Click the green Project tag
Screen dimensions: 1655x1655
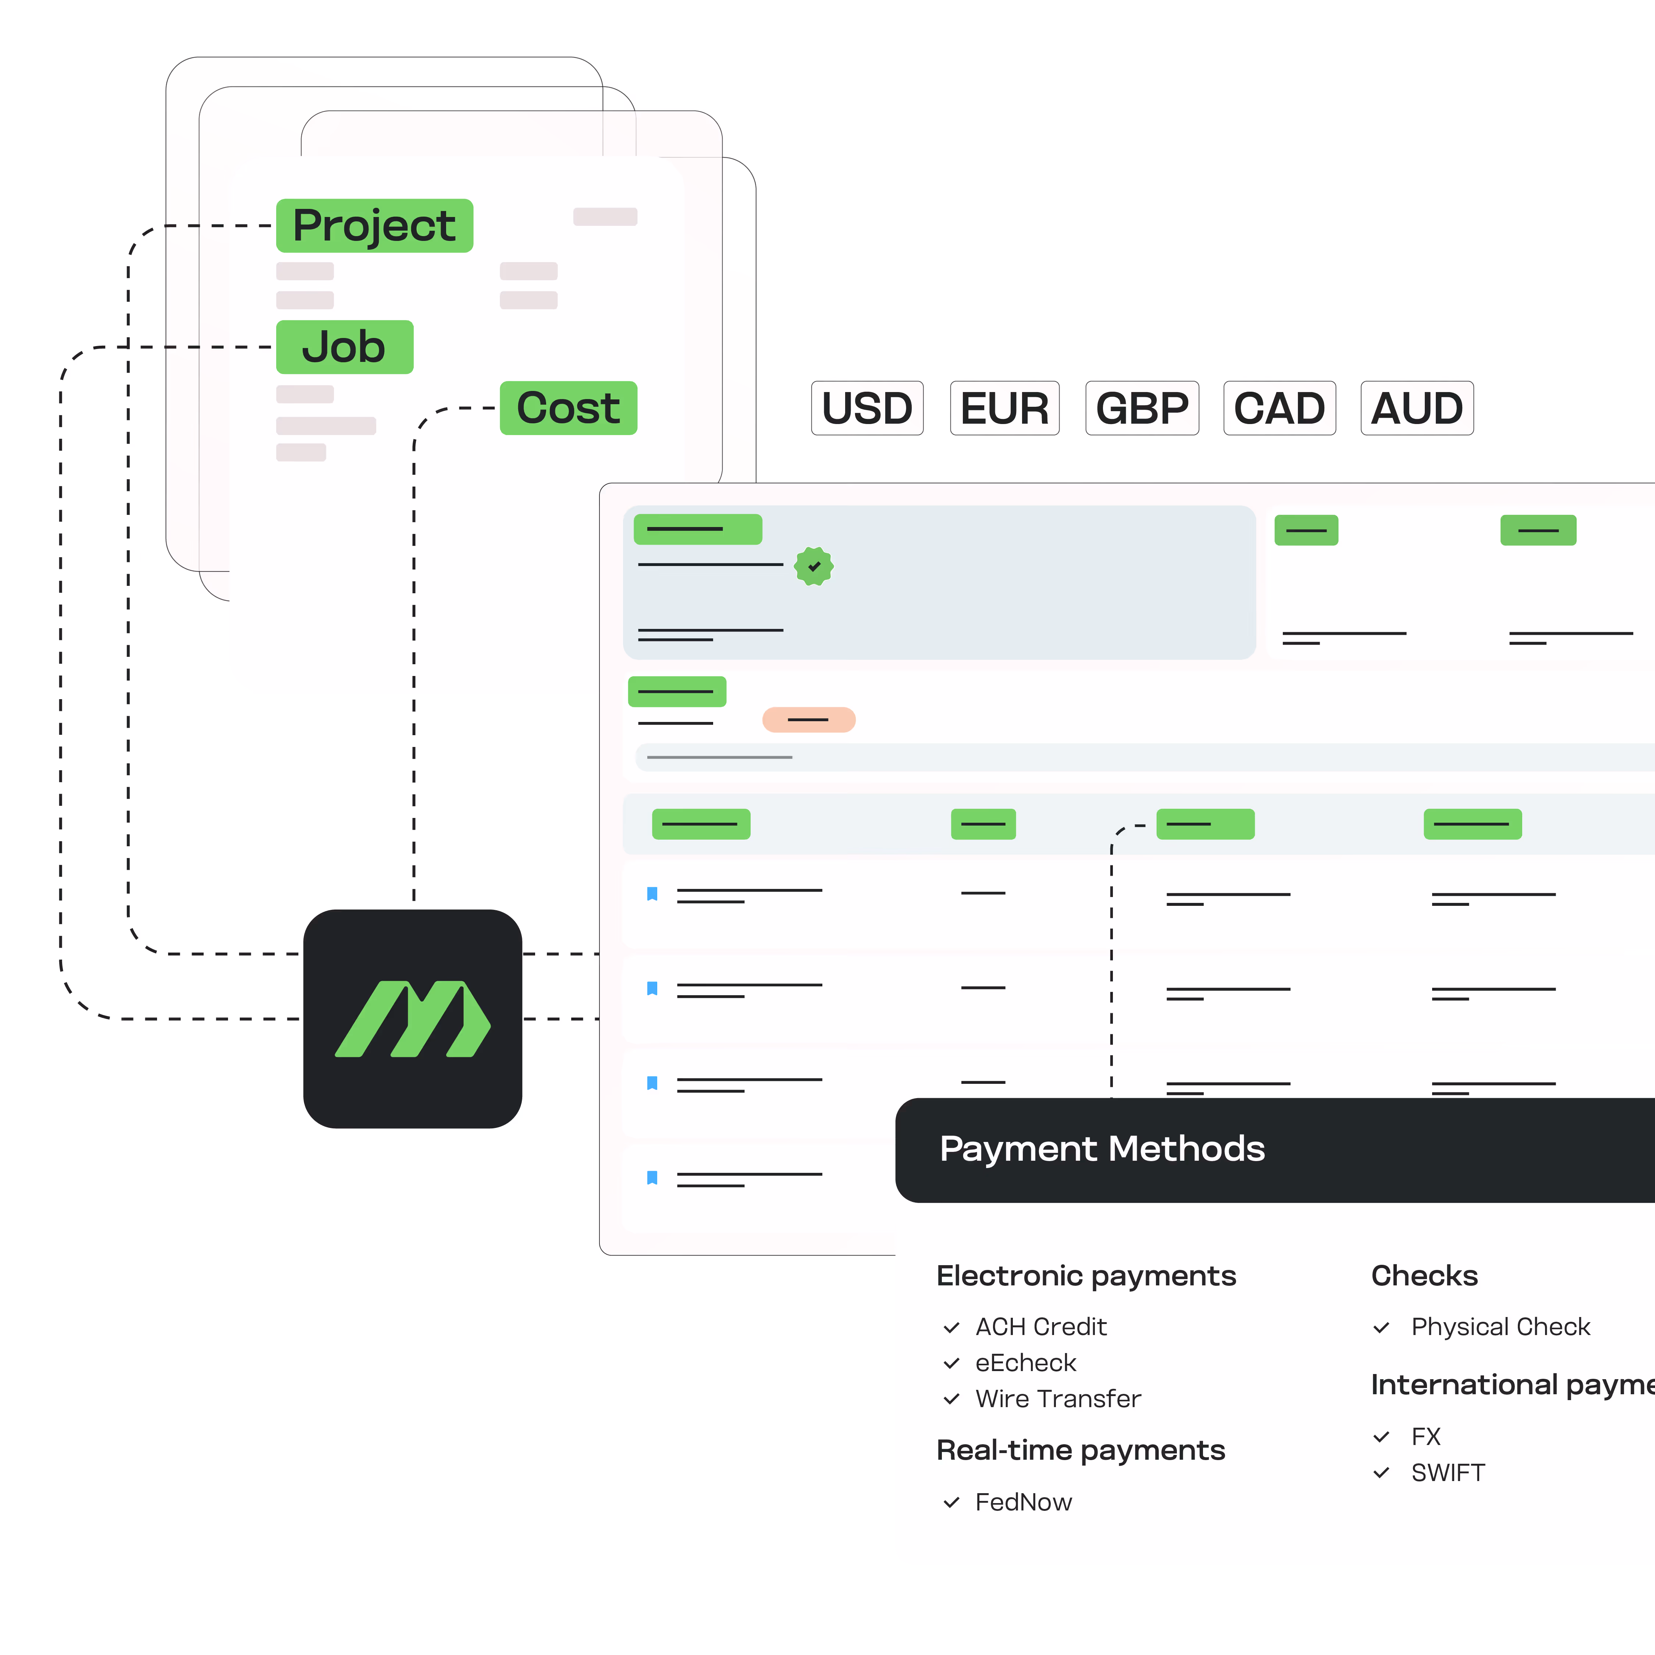(374, 226)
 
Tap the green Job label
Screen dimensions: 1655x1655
(344, 347)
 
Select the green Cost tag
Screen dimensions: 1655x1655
(568, 408)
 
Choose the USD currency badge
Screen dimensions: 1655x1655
(867, 408)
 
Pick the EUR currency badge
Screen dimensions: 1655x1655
(1005, 408)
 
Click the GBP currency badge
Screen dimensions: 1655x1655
(1142, 408)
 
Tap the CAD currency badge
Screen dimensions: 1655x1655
(1279, 408)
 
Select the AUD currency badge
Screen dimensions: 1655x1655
(1417, 408)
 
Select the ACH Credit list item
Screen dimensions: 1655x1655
(1041, 1327)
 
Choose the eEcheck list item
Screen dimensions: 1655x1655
(1025, 1363)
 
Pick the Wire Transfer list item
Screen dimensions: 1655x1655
(1058, 1399)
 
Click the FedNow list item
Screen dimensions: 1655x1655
(1024, 1502)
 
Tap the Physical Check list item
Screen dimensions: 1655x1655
(1500, 1327)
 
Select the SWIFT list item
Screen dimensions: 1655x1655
(1448, 1473)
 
